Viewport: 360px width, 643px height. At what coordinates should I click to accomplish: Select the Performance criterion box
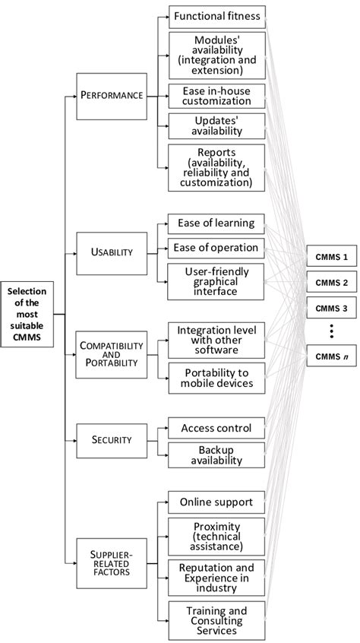[x=111, y=97]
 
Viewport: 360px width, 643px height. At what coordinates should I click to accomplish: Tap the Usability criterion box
[x=111, y=252]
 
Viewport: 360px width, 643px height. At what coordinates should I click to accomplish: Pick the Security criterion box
[x=111, y=439]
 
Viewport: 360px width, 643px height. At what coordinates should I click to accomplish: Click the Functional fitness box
[x=216, y=15]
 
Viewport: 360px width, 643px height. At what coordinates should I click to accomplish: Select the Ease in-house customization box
[x=216, y=96]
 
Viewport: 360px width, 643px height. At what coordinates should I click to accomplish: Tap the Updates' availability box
[x=216, y=125]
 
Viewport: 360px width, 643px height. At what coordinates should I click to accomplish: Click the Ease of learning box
[x=216, y=223]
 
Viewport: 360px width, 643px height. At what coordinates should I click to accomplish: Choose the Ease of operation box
[x=216, y=248]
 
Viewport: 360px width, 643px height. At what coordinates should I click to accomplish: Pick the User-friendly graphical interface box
[x=216, y=282]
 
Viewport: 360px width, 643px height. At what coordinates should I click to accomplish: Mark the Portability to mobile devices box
[x=216, y=378]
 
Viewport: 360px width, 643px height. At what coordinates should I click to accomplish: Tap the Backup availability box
[x=216, y=455]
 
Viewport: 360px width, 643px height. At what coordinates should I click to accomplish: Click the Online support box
[x=216, y=502]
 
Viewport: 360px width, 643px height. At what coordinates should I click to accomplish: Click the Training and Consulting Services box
[x=216, y=619]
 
